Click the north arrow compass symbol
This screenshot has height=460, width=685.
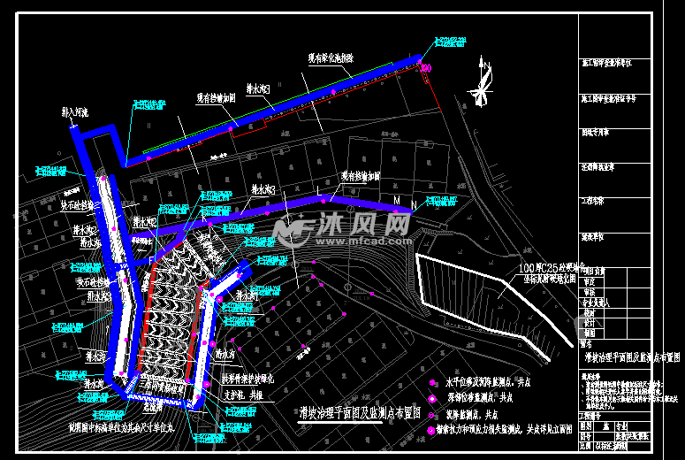(482, 80)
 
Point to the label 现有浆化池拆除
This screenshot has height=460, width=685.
(331, 59)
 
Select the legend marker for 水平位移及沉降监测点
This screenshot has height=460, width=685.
(432, 383)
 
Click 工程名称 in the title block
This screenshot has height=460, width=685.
(590, 201)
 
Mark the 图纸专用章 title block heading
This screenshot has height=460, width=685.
(594, 132)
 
